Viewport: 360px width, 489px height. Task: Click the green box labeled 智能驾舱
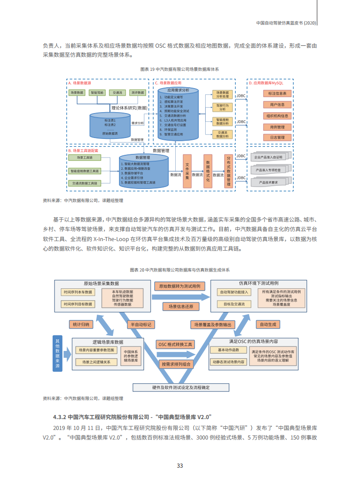pos(97,93)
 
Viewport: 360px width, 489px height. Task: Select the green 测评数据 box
pos(137,93)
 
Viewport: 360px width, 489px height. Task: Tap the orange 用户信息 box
pos(277,104)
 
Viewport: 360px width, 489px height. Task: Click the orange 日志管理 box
pos(277,137)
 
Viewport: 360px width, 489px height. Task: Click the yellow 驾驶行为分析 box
pos(222,107)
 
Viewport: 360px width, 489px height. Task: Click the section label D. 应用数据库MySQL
pos(266,84)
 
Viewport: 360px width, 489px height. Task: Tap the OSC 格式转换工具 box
pos(176,344)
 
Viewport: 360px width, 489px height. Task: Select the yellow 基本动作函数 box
pos(228,350)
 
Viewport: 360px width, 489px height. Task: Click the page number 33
pos(180,466)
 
